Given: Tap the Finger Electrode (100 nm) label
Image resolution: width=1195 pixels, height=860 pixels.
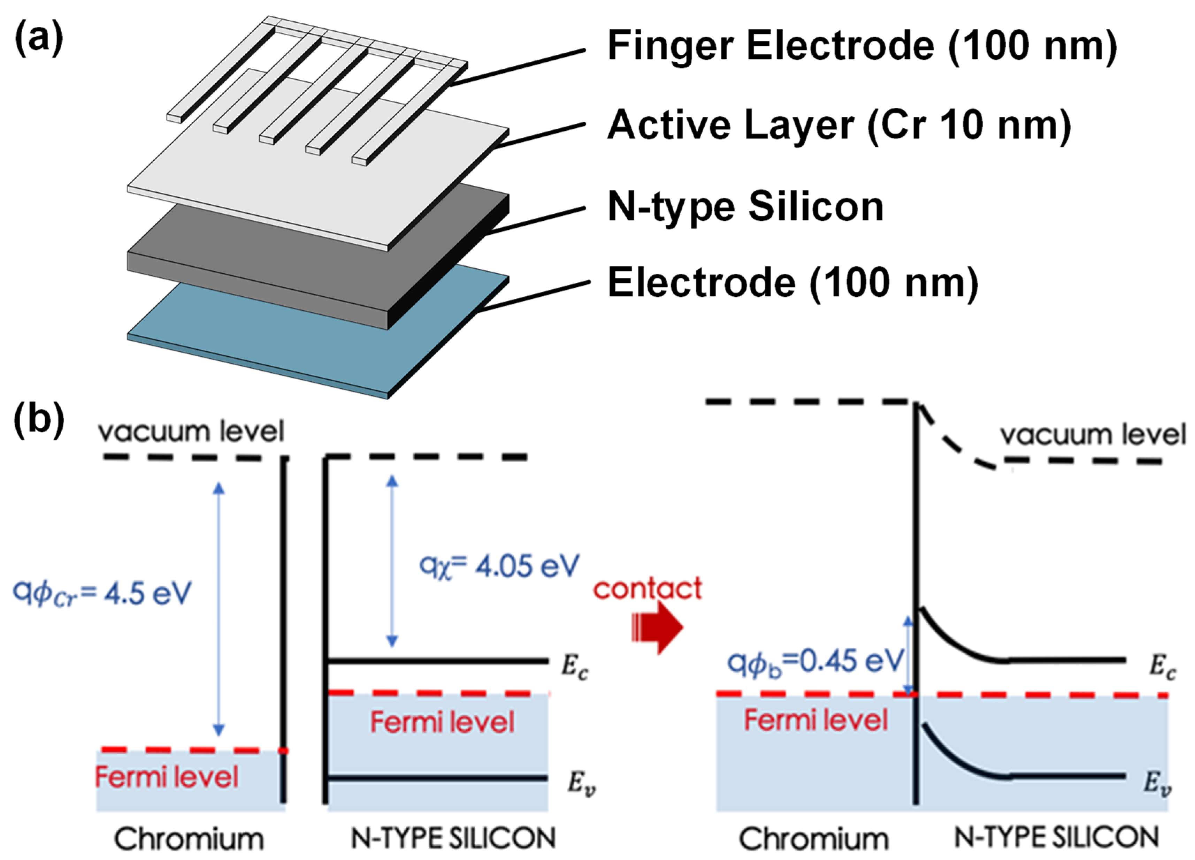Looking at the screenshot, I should (x=861, y=46).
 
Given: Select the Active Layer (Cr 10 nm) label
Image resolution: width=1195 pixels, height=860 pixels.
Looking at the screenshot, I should (x=839, y=126).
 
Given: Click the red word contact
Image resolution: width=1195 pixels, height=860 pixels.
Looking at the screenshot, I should (x=648, y=589).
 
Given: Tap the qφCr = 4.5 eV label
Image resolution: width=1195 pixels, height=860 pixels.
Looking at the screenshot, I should (x=102, y=594).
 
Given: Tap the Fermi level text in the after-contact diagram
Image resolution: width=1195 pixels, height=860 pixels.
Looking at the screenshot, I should (x=815, y=720).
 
